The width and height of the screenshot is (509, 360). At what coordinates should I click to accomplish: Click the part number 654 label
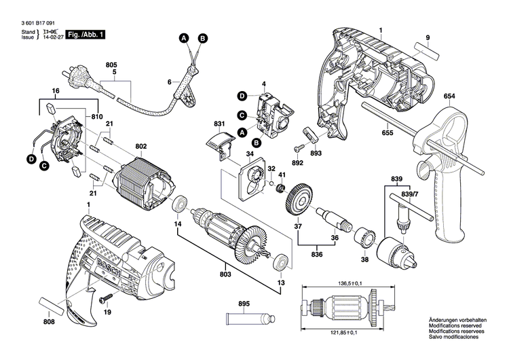coord(449,96)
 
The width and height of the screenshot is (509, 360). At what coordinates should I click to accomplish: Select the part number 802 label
coord(141,146)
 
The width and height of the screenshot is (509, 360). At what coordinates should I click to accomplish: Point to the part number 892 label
coord(297,163)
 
